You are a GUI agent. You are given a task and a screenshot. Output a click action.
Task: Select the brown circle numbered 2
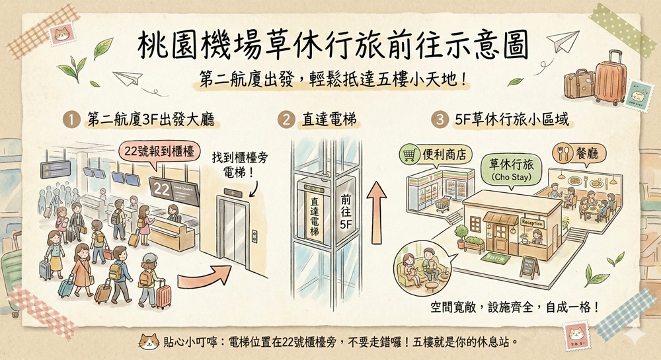click(x=287, y=122)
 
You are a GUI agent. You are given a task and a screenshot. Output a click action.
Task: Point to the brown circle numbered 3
click(x=440, y=122)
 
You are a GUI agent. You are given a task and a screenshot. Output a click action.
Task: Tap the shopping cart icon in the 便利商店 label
click(x=410, y=155)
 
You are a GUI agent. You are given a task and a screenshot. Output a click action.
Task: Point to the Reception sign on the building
click(x=532, y=223)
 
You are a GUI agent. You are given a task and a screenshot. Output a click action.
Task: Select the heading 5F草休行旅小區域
click(x=512, y=122)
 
